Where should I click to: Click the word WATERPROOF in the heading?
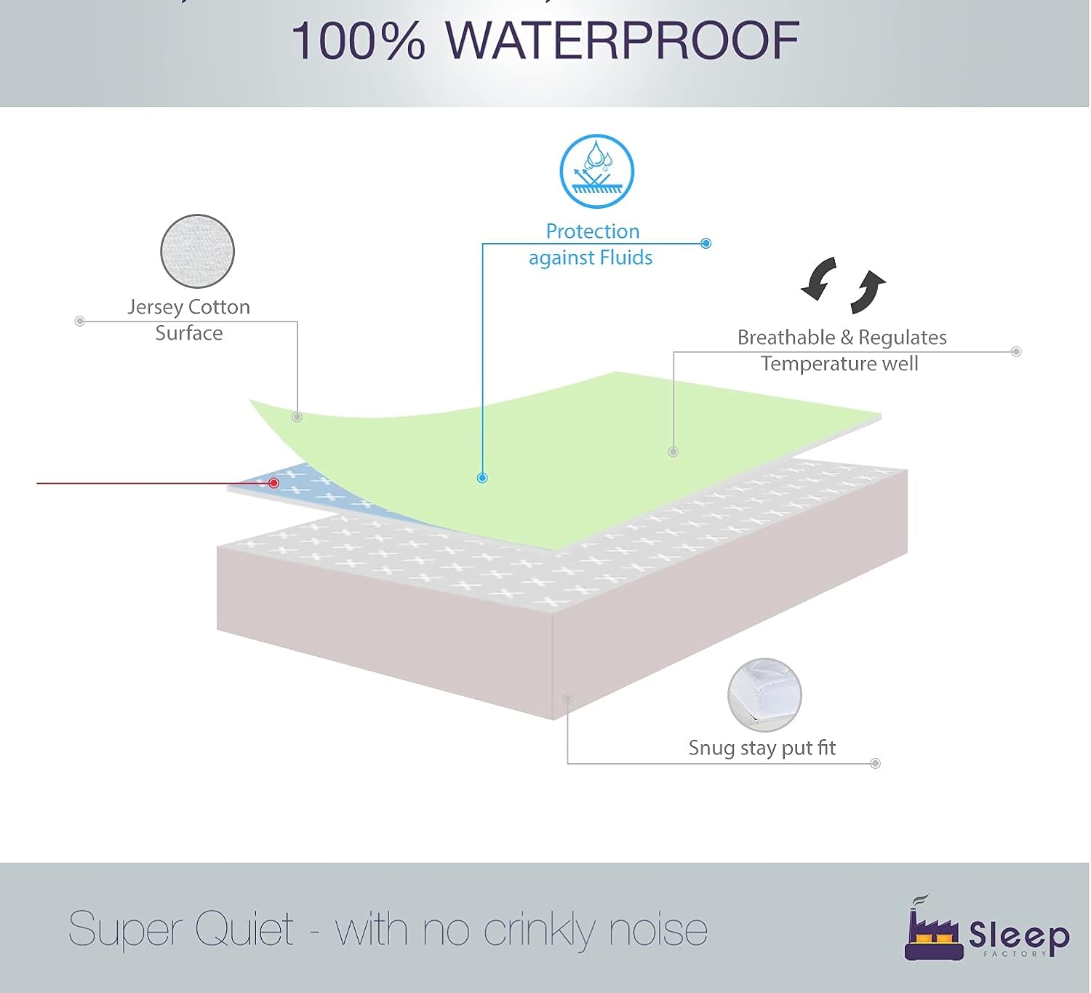622,41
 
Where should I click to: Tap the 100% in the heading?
358,41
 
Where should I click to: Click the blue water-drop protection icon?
596,172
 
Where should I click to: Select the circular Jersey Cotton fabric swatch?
197,252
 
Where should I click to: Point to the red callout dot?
274,483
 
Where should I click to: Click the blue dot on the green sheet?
482,478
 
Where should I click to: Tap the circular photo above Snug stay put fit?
764,695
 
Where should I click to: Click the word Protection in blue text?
593,231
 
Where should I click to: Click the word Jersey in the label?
155,307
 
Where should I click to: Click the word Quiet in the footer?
244,929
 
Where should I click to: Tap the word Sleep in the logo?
1018,934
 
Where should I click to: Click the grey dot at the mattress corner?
567,698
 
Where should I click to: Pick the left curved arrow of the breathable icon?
819,279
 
